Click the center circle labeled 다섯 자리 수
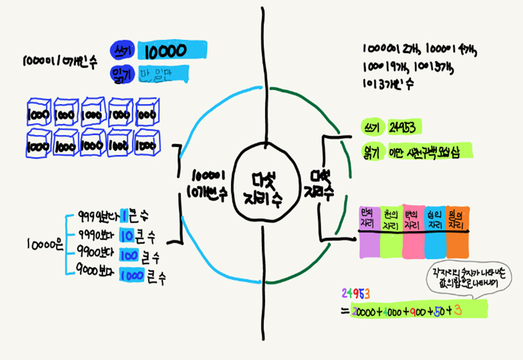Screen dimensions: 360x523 tap(262, 184)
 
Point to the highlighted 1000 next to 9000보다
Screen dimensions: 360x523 tap(132, 276)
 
